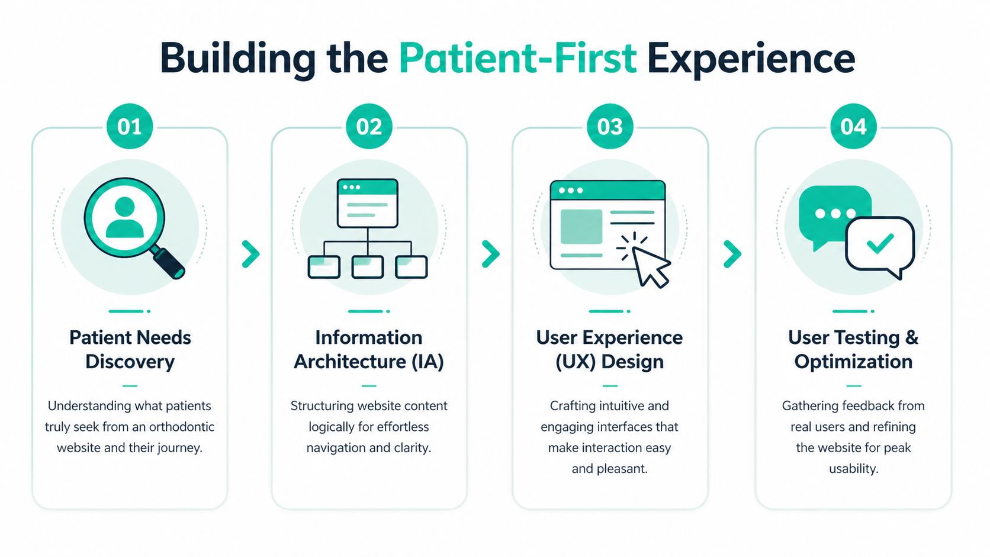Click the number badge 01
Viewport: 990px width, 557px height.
[129, 127]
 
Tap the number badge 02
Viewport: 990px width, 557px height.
[369, 127]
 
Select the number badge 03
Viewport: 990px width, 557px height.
[610, 127]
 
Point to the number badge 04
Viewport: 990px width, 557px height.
[853, 127]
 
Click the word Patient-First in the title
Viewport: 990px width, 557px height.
[517, 59]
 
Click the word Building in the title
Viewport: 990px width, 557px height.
[237, 59]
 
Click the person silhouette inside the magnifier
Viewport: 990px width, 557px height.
[124, 218]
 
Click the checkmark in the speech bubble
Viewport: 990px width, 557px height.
[880, 243]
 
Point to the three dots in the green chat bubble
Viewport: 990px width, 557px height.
[835, 213]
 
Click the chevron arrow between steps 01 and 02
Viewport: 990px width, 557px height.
[251, 254]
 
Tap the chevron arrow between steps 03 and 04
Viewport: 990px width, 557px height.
[732, 254]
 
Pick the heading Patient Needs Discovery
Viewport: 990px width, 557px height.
[130, 349]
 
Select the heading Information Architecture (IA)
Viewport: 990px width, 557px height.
[369, 349]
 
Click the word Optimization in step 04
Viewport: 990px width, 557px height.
[853, 362]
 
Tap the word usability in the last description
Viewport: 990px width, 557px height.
[853, 469]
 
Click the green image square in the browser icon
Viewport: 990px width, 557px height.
[581, 226]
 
